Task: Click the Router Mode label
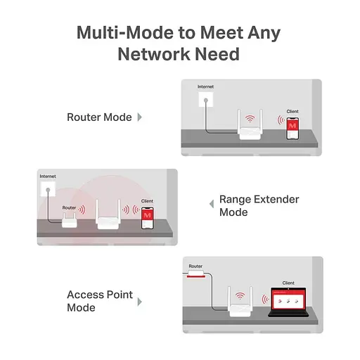[x=99, y=117]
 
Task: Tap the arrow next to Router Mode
[x=139, y=117]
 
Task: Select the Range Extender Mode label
[x=259, y=205]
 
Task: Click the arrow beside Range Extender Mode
[x=211, y=205]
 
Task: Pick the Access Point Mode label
[x=100, y=301]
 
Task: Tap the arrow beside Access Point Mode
[x=139, y=302]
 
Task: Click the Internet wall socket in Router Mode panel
[x=205, y=100]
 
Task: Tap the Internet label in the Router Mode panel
[x=205, y=86]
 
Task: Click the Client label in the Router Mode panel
[x=292, y=111]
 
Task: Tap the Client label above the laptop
[x=288, y=283]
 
